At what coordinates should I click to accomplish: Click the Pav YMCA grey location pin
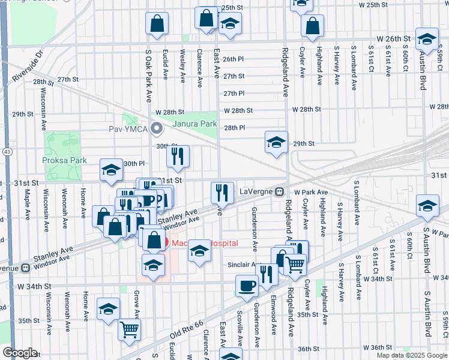tap(157, 128)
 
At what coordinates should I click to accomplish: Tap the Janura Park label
tap(194, 124)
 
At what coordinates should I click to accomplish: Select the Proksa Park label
tap(64, 160)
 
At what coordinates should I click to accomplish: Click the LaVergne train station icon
tap(280, 191)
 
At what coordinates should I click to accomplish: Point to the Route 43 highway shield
tap(7, 153)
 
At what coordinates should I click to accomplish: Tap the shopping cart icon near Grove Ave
tap(130, 329)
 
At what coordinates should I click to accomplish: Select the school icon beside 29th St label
tap(276, 143)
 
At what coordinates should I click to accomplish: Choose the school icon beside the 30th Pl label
tap(111, 171)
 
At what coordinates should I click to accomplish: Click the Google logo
tap(20, 353)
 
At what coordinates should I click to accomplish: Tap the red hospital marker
tap(155, 243)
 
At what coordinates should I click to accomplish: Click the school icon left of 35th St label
tap(109, 310)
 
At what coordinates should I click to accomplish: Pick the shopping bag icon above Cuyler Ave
tap(312, 26)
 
